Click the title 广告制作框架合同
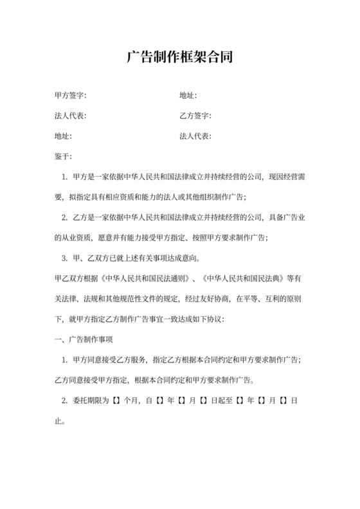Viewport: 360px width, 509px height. [179, 58]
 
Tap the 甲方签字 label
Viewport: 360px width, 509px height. [71, 96]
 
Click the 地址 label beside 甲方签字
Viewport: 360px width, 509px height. [188, 96]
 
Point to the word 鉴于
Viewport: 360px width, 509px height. [64, 156]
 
